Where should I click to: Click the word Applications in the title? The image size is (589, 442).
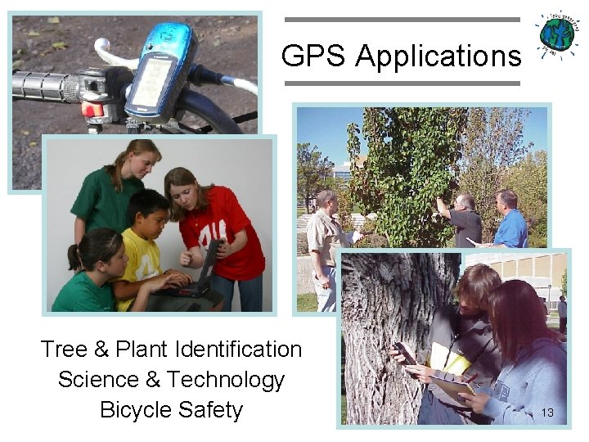[x=438, y=57]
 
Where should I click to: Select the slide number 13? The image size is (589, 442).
[x=547, y=413]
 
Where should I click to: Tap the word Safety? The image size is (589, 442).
[x=214, y=409]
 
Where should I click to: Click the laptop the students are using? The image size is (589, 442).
[x=200, y=271]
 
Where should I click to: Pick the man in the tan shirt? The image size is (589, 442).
[x=327, y=246]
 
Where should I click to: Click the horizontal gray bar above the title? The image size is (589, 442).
[x=402, y=20]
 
